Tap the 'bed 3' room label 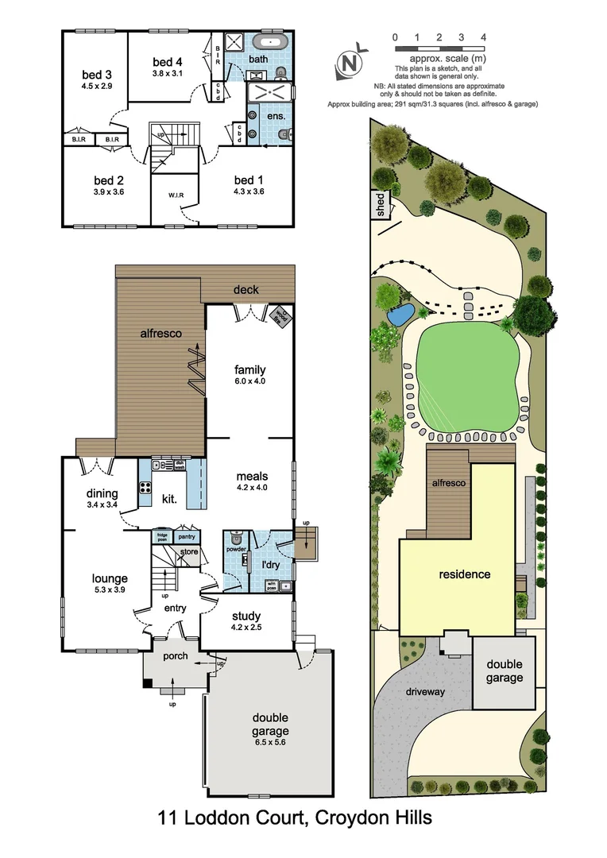(97, 75)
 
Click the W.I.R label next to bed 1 (176, 195)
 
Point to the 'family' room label (249, 369)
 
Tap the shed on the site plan (380, 204)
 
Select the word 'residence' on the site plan (465, 574)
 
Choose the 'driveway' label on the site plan (423, 691)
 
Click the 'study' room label (246, 616)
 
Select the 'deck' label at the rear (246, 290)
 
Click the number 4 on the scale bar (483, 37)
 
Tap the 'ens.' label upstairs (276, 116)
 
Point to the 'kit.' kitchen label (168, 499)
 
